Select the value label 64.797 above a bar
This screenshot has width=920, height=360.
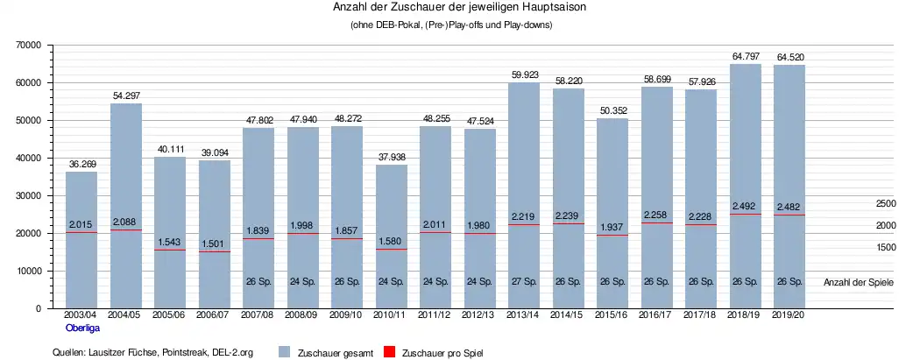pos(746,56)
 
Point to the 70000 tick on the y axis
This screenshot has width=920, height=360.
pos(28,45)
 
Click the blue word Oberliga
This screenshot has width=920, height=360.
pos(81,328)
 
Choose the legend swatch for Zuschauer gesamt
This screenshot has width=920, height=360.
pos(284,352)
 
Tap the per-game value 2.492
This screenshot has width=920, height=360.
pos(746,208)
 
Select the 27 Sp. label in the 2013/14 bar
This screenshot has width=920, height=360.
pos(524,282)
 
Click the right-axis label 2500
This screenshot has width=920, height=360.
pos(885,203)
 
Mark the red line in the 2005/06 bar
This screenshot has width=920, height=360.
pos(170,250)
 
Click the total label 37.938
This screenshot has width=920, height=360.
pos(391,158)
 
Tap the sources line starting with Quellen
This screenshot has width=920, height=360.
pos(153,352)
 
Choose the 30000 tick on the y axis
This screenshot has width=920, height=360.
pos(28,195)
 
